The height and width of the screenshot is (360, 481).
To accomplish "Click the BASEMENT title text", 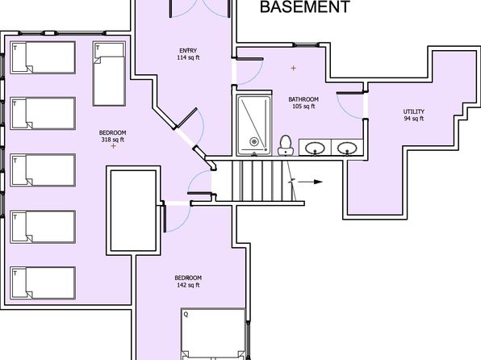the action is point(304,6).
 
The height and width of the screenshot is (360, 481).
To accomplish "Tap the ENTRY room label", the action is point(188,51).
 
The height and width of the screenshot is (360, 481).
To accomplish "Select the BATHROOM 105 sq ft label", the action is point(303,103).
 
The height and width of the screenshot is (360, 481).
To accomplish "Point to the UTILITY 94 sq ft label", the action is point(414,115).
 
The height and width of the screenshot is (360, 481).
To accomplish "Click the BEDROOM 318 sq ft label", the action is point(112,136).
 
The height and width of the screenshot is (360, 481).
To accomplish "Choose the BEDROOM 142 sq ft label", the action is point(188,282).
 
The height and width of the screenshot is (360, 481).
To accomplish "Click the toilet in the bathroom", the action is point(286,145).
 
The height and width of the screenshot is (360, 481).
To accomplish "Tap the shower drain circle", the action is point(253,141).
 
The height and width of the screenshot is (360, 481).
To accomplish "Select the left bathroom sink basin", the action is point(315,149).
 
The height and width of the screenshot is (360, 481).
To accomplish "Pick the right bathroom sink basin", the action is point(347,149).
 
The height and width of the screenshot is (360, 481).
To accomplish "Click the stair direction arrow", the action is point(310,182).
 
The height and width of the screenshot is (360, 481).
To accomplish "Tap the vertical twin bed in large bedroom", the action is point(109,73).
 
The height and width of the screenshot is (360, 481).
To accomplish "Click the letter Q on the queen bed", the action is point(186,314).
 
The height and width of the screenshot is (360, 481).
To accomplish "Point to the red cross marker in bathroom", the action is point(294,68).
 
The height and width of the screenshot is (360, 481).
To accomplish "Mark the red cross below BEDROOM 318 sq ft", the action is point(114,146).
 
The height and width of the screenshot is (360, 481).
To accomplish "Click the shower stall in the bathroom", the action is point(253,125).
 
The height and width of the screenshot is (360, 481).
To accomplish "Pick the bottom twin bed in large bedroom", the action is point(43,283).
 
